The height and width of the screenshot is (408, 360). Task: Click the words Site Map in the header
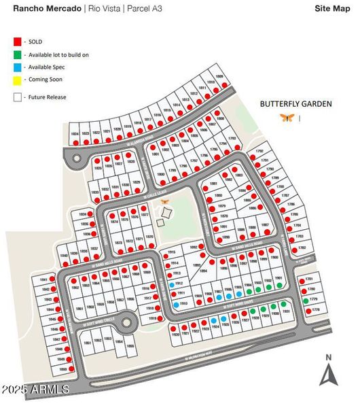[x=331, y=9]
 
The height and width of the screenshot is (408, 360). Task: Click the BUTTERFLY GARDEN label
[x=296, y=104]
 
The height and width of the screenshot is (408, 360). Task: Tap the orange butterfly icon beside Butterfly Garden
[x=287, y=117]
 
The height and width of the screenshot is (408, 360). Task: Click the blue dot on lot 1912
[x=172, y=285]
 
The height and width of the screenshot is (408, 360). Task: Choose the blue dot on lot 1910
[x=177, y=305]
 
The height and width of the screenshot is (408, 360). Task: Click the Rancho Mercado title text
[x=46, y=9]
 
